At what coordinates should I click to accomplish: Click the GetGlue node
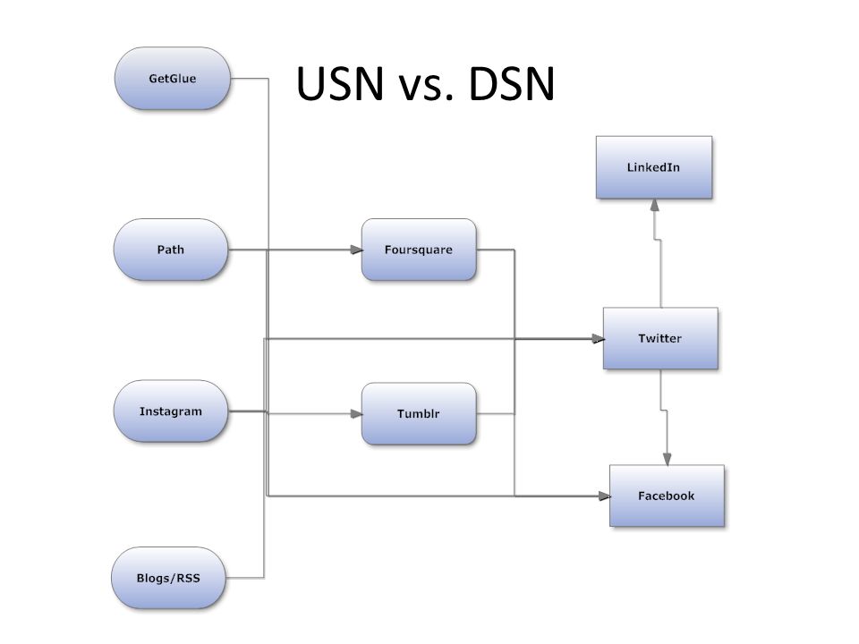coord(172,79)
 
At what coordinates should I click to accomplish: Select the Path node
coord(170,250)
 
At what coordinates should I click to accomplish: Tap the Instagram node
coord(170,411)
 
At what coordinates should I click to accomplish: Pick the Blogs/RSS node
coord(168,577)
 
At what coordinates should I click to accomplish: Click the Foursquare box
coord(418,250)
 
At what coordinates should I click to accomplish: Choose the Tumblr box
coord(418,414)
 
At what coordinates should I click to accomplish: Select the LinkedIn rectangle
coord(654,167)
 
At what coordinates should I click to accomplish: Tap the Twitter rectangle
coord(660,338)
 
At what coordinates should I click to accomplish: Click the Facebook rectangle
coord(667,496)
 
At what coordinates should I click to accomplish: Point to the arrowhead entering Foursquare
coord(355,250)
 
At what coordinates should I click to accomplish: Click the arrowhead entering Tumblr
coord(355,414)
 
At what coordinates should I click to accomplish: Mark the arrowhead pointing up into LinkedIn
coord(655,205)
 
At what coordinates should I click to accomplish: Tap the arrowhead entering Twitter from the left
coord(597,339)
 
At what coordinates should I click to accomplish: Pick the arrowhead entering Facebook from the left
coord(603,496)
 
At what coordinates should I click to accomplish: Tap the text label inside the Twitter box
coord(660,338)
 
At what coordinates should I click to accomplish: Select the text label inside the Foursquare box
coord(418,250)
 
